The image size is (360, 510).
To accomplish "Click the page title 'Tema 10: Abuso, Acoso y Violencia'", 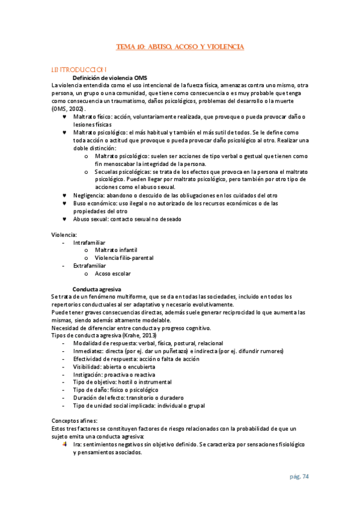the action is click(x=180, y=46).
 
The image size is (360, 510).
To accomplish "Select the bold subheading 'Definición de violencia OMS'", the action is click(x=110, y=78).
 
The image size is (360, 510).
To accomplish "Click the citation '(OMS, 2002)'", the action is click(x=69, y=109).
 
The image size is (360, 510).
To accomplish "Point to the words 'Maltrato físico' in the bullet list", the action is click(x=94, y=117).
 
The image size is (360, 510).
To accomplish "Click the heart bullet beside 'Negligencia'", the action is click(x=65, y=195).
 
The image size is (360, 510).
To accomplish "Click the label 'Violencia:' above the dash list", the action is click(x=64, y=235).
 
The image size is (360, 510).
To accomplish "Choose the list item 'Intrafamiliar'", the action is click(x=89, y=242).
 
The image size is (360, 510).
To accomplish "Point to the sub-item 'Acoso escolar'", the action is click(x=113, y=274).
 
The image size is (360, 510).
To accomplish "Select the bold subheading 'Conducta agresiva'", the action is click(x=97, y=289).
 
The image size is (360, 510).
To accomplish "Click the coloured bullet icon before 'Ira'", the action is click(x=65, y=444).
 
